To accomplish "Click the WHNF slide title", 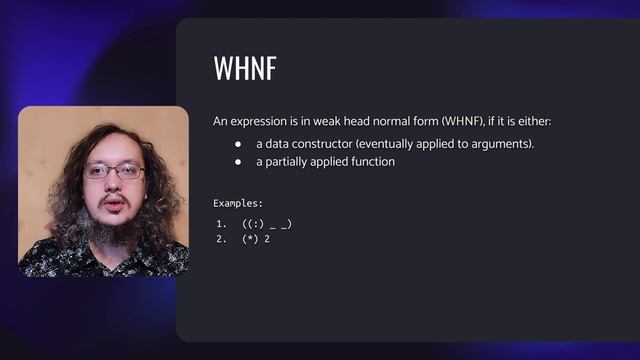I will pyautogui.click(x=245, y=69).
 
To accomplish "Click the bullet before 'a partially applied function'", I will pyautogui.click(x=239, y=162).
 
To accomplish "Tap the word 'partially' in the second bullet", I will pyautogui.click(x=285, y=162).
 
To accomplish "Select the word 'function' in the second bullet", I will pyautogui.click(x=372, y=162).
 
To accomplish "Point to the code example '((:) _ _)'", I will pyautogui.click(x=267, y=223).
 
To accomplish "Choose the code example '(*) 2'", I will pyautogui.click(x=256, y=239).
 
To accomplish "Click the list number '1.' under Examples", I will pyautogui.click(x=220, y=223).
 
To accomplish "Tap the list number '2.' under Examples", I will pyautogui.click(x=220, y=239).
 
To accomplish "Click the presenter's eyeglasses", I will pyautogui.click(x=114, y=171).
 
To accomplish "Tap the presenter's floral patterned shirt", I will pyautogui.click(x=60, y=258).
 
